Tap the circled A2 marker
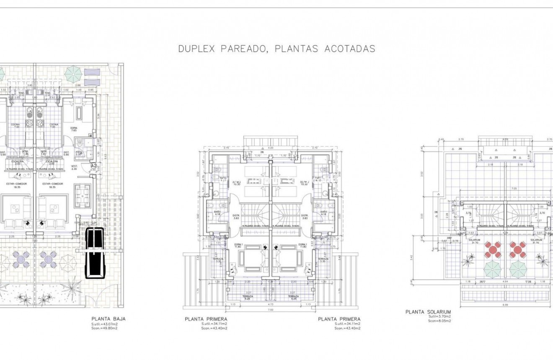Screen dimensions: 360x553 click(94, 166)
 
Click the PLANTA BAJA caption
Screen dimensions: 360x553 click(108, 319)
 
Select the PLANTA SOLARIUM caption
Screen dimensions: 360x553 click(428, 312)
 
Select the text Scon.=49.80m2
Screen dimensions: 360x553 click(104, 328)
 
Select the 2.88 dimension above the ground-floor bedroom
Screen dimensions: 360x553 click(78, 85)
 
